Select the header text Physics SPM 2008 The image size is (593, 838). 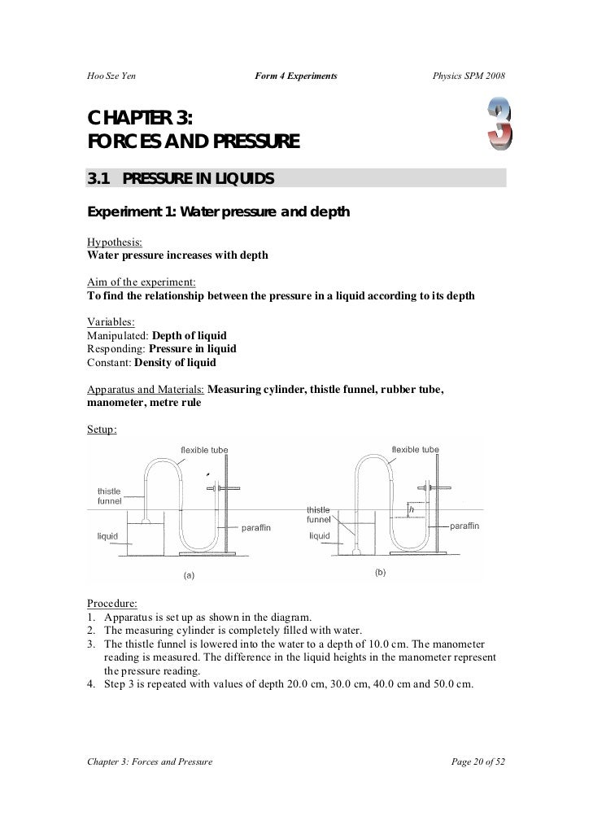click(x=468, y=76)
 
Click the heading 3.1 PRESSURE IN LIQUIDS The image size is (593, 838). click(x=180, y=178)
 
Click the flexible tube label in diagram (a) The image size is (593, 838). click(x=203, y=450)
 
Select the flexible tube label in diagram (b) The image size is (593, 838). click(x=415, y=449)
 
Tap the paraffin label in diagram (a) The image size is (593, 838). click(x=256, y=527)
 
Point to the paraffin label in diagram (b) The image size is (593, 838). click(x=464, y=526)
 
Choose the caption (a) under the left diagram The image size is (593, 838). click(x=188, y=575)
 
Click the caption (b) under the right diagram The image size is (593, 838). click(x=380, y=573)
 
